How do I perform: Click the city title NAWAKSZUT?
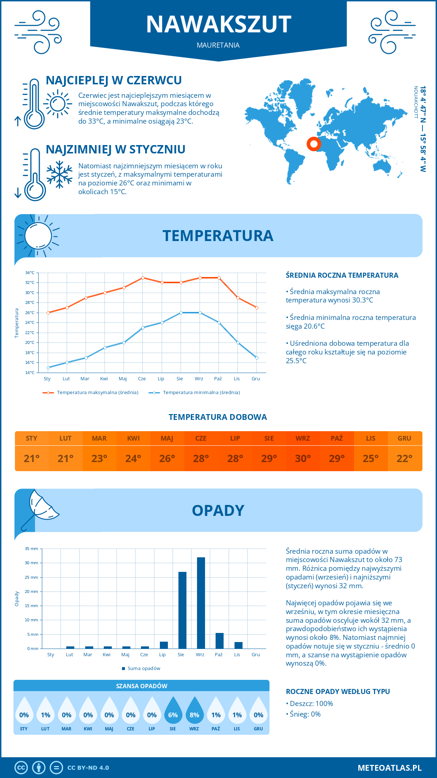pos(219,24)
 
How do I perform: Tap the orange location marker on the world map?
pos(314,144)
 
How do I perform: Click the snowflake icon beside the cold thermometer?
pos(59,175)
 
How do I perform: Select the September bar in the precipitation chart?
pos(201,603)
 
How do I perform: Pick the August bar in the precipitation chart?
pos(182,610)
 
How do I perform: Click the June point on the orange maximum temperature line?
pos(143,278)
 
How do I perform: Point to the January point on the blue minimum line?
pos(48,368)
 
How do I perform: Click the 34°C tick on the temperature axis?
pos(30,273)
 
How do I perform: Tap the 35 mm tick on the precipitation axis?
pos(31,549)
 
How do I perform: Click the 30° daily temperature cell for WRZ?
pos(303,458)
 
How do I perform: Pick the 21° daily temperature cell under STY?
pos(32,458)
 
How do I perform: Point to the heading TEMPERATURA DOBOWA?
pos(218,417)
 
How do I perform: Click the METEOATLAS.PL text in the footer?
pos(390,768)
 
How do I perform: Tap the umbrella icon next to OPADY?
pos(40,509)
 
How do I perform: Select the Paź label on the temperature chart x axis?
pos(218,379)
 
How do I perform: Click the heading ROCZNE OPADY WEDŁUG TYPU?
pos(338,691)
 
